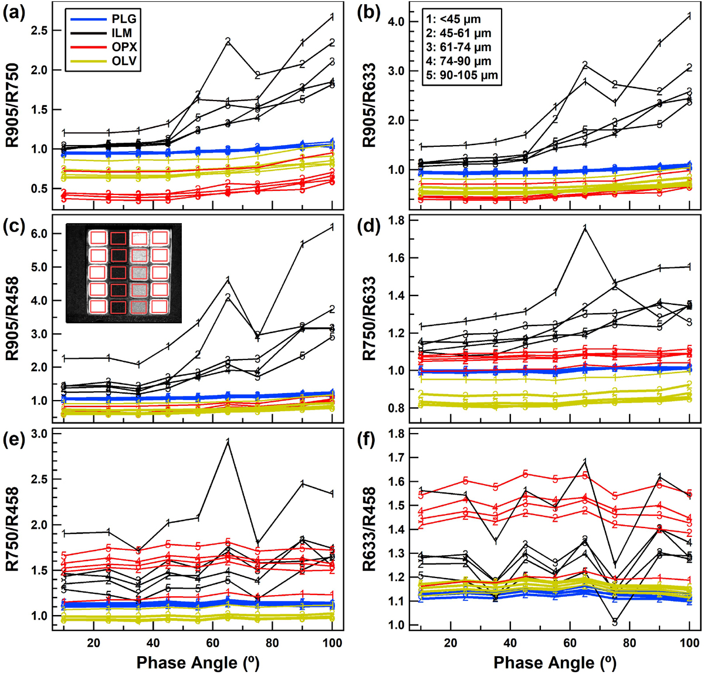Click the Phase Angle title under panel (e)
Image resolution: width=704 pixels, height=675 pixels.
click(x=197, y=663)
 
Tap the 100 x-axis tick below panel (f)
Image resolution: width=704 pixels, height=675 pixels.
click(x=689, y=643)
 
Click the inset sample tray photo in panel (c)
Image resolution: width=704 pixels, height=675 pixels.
click(x=123, y=273)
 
